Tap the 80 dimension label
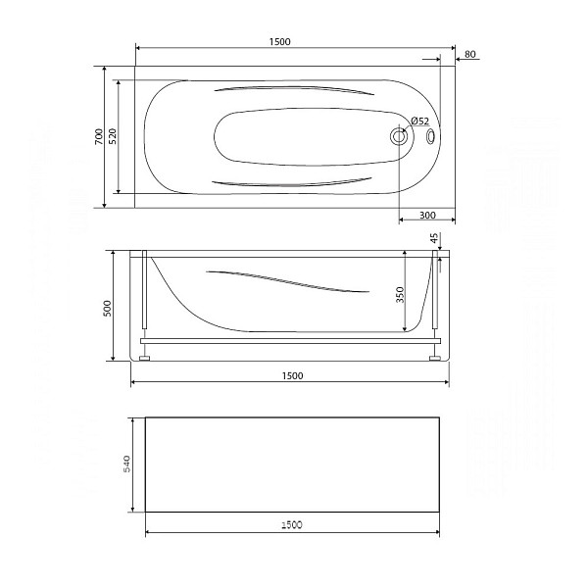[x=471, y=54]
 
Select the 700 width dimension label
[x=98, y=137]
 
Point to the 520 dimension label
[x=113, y=137]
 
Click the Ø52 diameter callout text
[x=418, y=122]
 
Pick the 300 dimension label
[x=427, y=215]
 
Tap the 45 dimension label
[x=434, y=239]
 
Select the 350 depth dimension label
[x=400, y=294]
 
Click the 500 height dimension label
[x=108, y=306]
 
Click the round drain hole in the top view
[x=399, y=137]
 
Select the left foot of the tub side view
[x=144, y=358]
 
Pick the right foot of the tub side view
[x=434, y=358]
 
